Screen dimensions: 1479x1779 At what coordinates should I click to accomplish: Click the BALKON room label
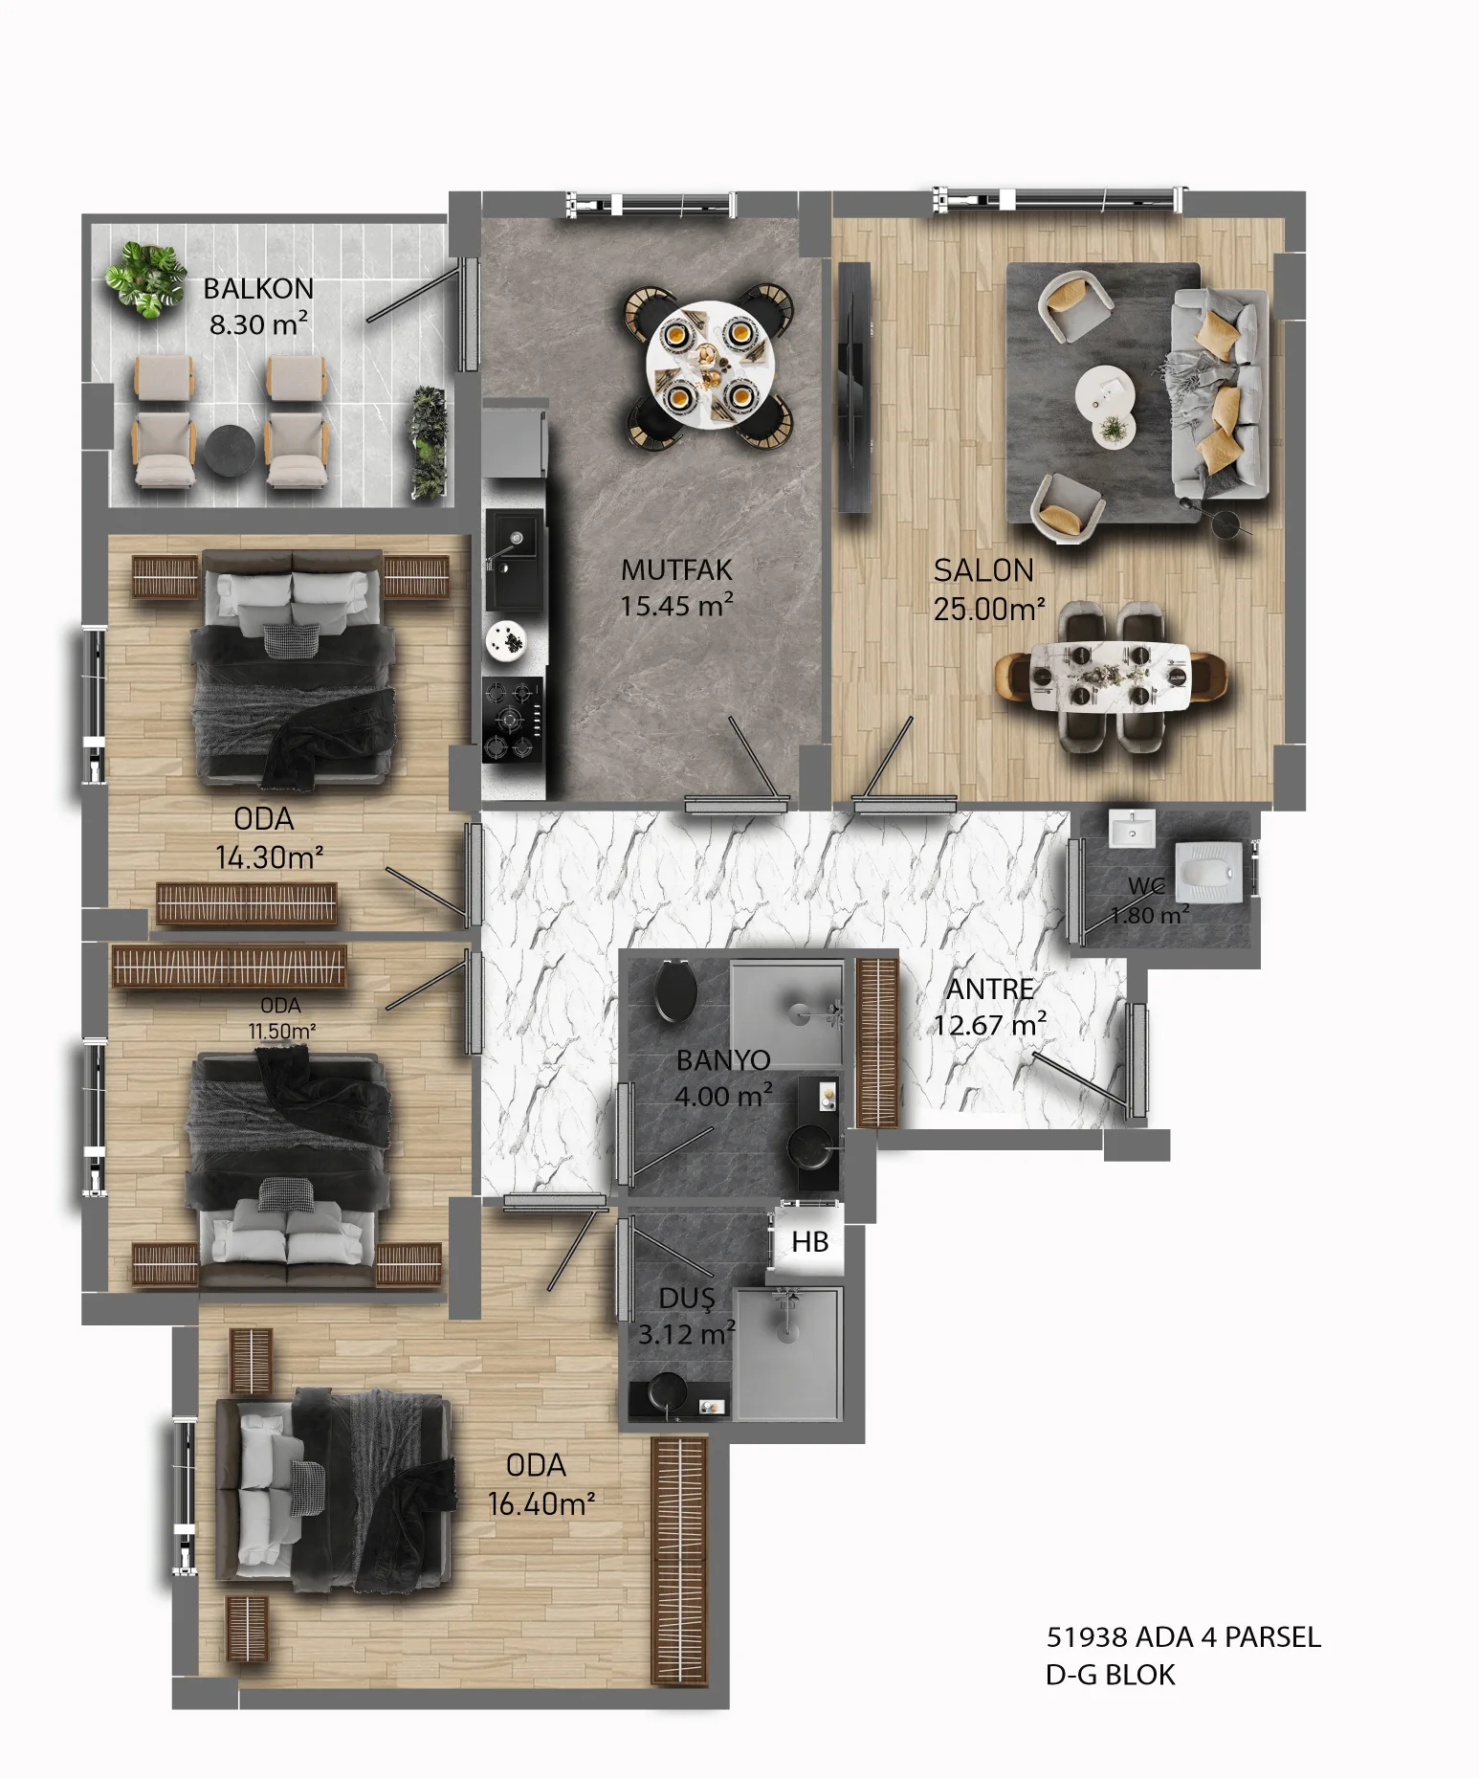[x=258, y=288]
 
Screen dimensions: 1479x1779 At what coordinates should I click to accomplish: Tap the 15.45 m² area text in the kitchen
[x=676, y=606]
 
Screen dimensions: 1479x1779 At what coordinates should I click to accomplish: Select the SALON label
[x=983, y=570]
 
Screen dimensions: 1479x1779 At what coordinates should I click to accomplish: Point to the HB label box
[x=809, y=1242]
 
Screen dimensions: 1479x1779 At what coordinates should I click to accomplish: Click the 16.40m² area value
[x=541, y=1503]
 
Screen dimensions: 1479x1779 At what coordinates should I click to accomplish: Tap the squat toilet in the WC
[x=1210, y=870]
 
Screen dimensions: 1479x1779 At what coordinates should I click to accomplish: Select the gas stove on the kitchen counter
[x=512, y=720]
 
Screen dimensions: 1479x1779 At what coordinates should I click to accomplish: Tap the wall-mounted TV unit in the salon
[x=854, y=387]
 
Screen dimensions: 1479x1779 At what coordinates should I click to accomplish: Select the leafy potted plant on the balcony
[x=145, y=278]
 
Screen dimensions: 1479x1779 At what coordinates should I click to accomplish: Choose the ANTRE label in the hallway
[x=990, y=989]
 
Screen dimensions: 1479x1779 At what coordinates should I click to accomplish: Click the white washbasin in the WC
[x=1132, y=830]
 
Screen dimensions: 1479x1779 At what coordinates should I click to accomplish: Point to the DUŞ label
[x=687, y=1299]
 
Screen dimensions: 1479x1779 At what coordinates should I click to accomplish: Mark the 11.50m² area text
[x=282, y=1032]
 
